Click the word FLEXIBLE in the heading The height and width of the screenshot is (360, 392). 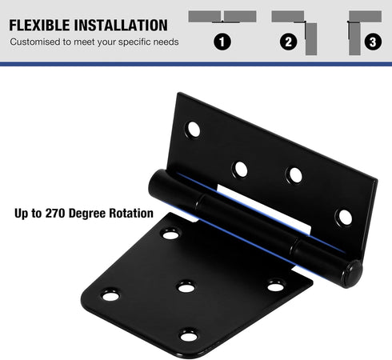pos(40,25)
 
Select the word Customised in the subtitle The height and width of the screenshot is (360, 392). pos(35,42)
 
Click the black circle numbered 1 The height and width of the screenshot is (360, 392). pos(222,42)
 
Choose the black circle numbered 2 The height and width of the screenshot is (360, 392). pos(289,42)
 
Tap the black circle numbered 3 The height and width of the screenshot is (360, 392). pos(373,42)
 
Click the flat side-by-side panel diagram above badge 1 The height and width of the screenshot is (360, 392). pos(222,17)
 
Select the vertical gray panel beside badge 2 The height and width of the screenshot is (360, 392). pos(311,39)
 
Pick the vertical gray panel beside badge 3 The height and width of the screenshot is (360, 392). pos(354,39)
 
